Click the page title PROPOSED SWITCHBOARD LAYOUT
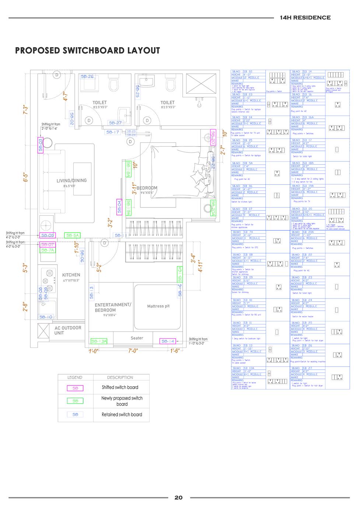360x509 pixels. (x=88, y=50)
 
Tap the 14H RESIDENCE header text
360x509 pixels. (x=305, y=17)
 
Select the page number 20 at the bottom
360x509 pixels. (x=178, y=497)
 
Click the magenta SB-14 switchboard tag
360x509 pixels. (x=167, y=341)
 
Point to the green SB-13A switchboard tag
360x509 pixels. (x=98, y=341)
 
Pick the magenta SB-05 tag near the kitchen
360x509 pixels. (x=48, y=235)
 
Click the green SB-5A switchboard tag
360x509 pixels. (x=72, y=235)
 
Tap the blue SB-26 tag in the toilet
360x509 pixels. (x=87, y=77)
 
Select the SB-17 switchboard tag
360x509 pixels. (x=113, y=132)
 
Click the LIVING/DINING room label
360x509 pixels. (x=71, y=181)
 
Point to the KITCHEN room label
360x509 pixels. (x=71, y=275)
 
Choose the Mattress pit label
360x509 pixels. (x=158, y=306)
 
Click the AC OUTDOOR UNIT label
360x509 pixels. (x=68, y=330)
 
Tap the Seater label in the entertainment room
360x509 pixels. (x=137, y=338)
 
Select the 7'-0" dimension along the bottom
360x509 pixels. (x=133, y=351)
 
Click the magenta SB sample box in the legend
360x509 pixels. (x=75, y=388)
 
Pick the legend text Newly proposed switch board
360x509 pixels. (x=122, y=401)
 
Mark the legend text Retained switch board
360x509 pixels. (x=122, y=415)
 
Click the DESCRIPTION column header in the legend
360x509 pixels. (x=120, y=377)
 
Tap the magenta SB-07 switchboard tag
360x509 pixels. (x=48, y=244)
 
